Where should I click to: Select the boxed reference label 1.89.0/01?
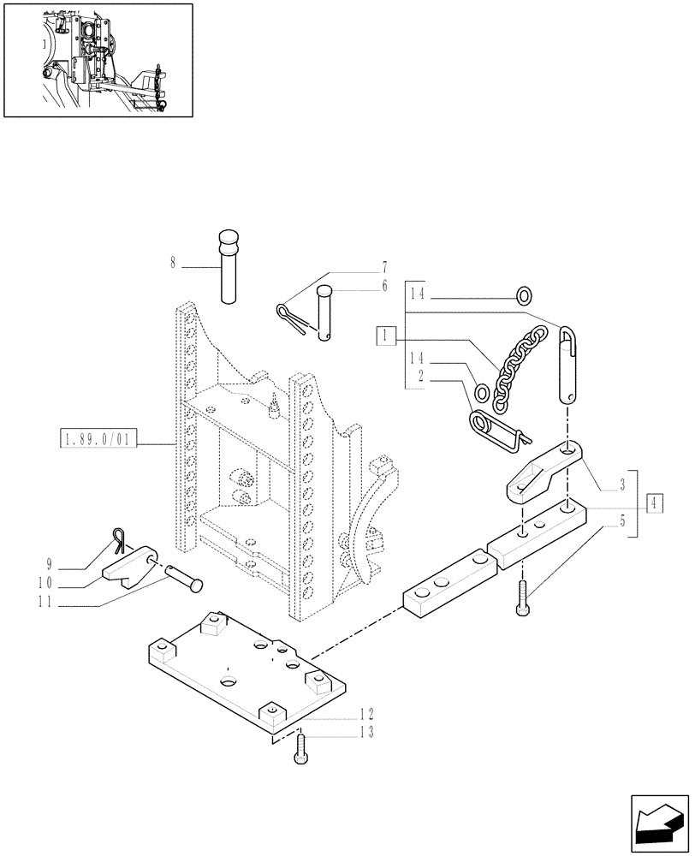point(98,442)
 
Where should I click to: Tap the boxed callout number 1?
point(387,335)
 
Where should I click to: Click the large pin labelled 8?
point(228,265)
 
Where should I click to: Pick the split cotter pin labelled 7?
point(291,316)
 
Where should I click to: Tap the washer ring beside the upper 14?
point(524,296)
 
